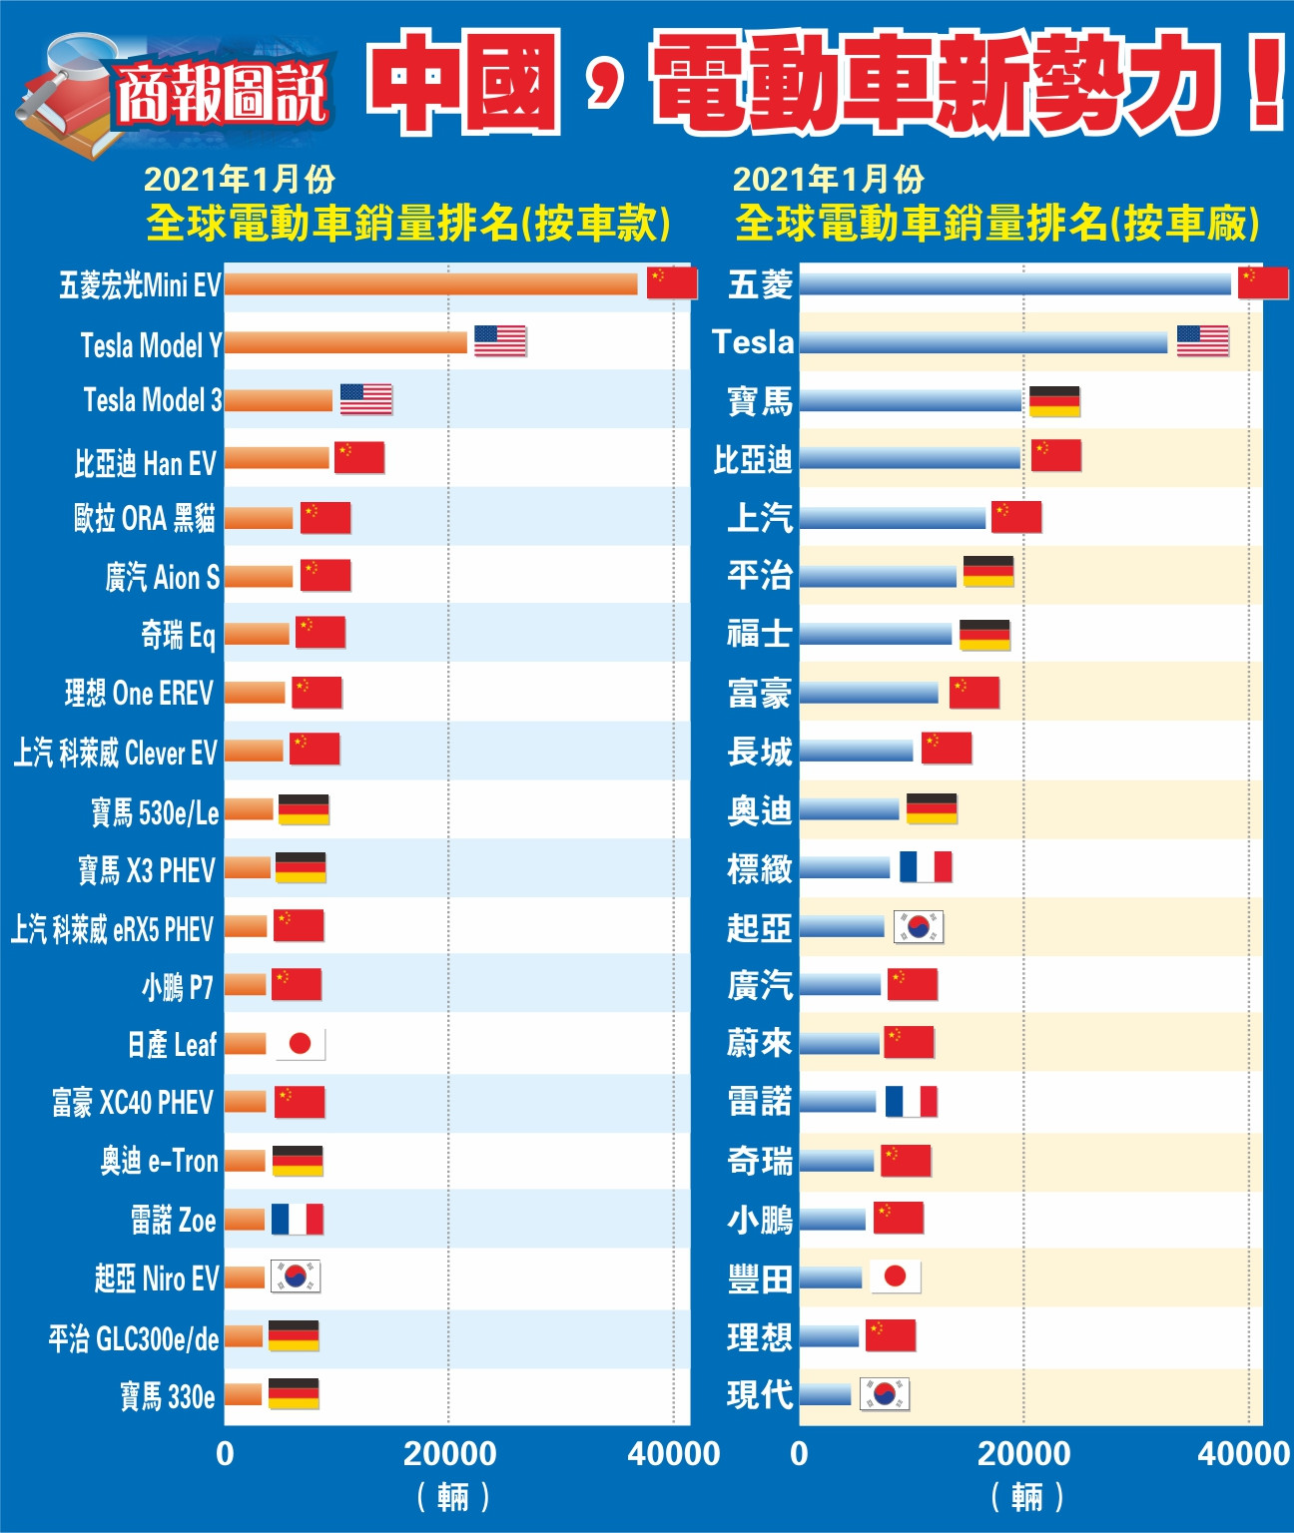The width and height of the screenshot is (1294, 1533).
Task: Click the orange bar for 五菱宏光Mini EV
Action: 430,284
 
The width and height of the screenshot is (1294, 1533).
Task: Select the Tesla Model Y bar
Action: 345,342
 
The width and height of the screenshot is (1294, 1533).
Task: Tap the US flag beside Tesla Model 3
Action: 365,399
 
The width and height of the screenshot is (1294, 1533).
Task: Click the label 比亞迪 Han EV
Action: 145,463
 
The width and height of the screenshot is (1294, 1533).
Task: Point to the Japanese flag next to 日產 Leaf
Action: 300,1044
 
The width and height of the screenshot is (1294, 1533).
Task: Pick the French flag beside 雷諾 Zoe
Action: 298,1219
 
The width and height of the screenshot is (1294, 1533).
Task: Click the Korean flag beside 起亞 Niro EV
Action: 296,1277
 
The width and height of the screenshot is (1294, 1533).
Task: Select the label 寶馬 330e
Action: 167,1395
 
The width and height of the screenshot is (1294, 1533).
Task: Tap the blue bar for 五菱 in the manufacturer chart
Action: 1014,283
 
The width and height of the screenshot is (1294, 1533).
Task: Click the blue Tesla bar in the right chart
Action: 982,342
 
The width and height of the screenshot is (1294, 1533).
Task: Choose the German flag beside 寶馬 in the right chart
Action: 1054,400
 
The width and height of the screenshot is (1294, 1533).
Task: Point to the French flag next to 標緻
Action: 926,866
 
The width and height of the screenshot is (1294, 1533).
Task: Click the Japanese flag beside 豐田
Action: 895,1276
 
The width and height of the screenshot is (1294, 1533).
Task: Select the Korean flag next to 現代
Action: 885,1393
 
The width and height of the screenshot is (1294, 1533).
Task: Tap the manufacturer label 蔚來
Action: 760,1043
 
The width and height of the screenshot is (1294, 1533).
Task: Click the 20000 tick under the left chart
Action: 449,1453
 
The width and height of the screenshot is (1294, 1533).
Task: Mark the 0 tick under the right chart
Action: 799,1453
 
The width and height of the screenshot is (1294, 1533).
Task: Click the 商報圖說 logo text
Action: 222,95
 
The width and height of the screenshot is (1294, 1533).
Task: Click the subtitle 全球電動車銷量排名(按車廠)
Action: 996,223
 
